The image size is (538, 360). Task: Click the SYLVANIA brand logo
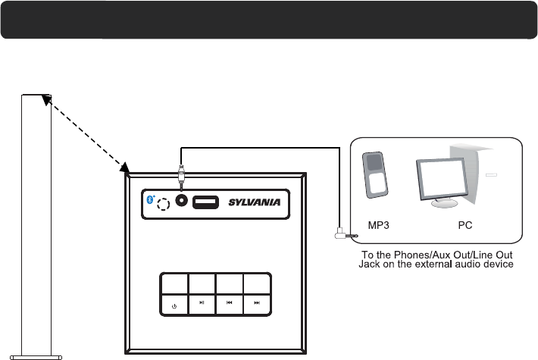coord(254,202)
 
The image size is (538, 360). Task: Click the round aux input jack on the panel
coord(182,202)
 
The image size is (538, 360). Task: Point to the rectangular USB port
coord(205,202)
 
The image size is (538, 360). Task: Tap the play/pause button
coord(202,303)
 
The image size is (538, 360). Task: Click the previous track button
coord(230,303)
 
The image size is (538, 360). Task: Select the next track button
coord(257,303)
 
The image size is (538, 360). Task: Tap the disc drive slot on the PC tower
coord(491,175)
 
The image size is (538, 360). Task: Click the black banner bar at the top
coord(269,20)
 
